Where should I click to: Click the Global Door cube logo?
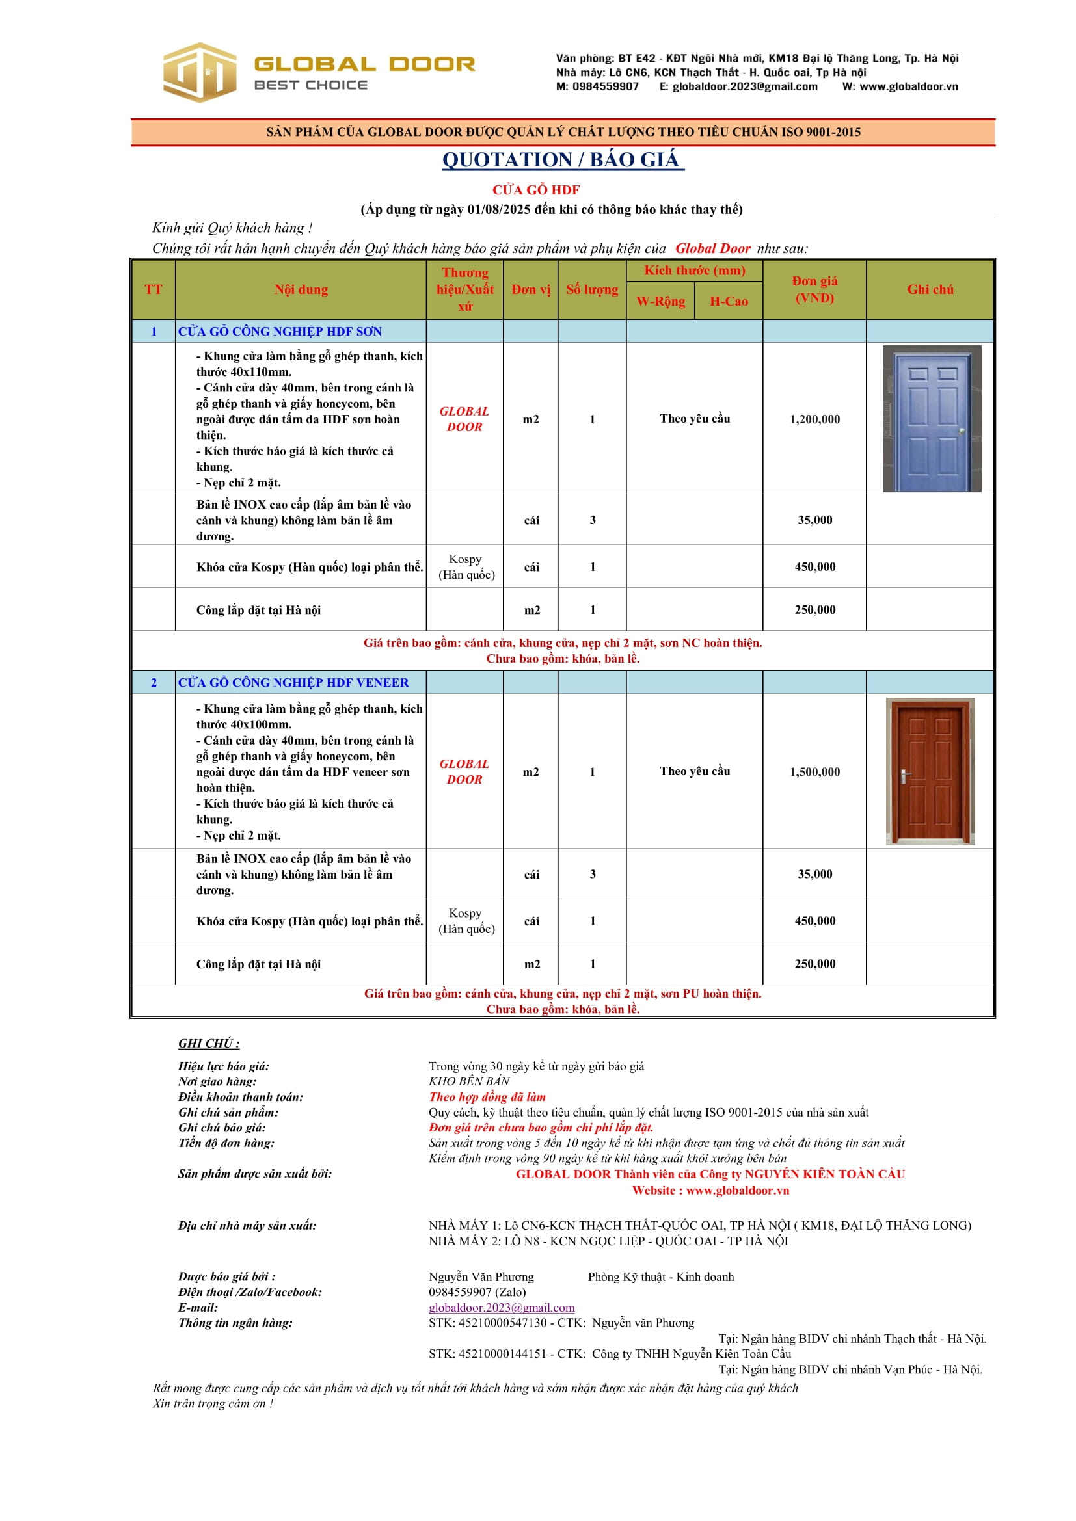coord(200,72)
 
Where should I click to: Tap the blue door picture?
coord(931,419)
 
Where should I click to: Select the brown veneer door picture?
coord(930,771)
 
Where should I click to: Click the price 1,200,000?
coord(814,419)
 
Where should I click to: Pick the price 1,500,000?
coord(814,772)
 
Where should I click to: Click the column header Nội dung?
coord(301,289)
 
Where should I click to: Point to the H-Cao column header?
coord(728,302)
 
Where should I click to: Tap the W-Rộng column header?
coord(660,302)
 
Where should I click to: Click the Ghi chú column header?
coord(930,289)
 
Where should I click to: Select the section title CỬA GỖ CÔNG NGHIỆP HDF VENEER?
coord(293,682)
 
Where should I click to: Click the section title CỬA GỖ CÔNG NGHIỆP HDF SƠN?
coord(280,331)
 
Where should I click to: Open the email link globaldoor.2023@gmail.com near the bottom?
coord(502,1308)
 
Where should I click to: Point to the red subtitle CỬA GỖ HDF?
coord(535,190)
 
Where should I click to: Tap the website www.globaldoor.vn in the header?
coord(908,86)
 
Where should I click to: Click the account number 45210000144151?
coord(487,1354)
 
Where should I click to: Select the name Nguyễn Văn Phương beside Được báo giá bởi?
coord(481,1276)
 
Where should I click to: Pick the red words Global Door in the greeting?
coord(712,248)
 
